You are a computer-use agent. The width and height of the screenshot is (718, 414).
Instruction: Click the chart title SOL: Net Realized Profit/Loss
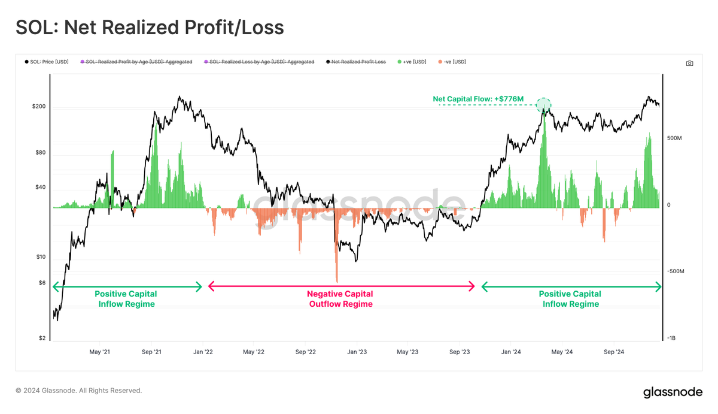[150, 27]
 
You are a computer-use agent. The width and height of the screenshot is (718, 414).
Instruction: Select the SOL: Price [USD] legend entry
[47, 62]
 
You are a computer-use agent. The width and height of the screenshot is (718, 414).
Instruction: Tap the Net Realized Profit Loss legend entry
[355, 62]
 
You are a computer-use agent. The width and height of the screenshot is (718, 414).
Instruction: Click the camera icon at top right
[689, 63]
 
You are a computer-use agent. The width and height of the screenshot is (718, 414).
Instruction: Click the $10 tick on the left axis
[39, 257]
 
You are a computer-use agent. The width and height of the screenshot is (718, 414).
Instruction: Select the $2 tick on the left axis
[41, 338]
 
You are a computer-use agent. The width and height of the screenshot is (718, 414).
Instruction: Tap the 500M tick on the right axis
[675, 138]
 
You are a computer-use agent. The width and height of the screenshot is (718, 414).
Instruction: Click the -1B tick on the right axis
[672, 338]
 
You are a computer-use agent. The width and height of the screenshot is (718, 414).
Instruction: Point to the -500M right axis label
[676, 271]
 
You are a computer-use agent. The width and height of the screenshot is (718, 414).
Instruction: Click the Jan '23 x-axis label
[357, 352]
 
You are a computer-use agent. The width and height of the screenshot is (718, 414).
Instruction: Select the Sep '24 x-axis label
[613, 352]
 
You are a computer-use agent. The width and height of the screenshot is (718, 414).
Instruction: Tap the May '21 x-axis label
[100, 352]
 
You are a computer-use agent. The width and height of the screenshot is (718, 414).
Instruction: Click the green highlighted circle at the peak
[543, 105]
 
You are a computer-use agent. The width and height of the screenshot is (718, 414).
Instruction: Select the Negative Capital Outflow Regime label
[340, 299]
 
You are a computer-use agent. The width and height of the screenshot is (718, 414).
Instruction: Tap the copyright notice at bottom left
[78, 391]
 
